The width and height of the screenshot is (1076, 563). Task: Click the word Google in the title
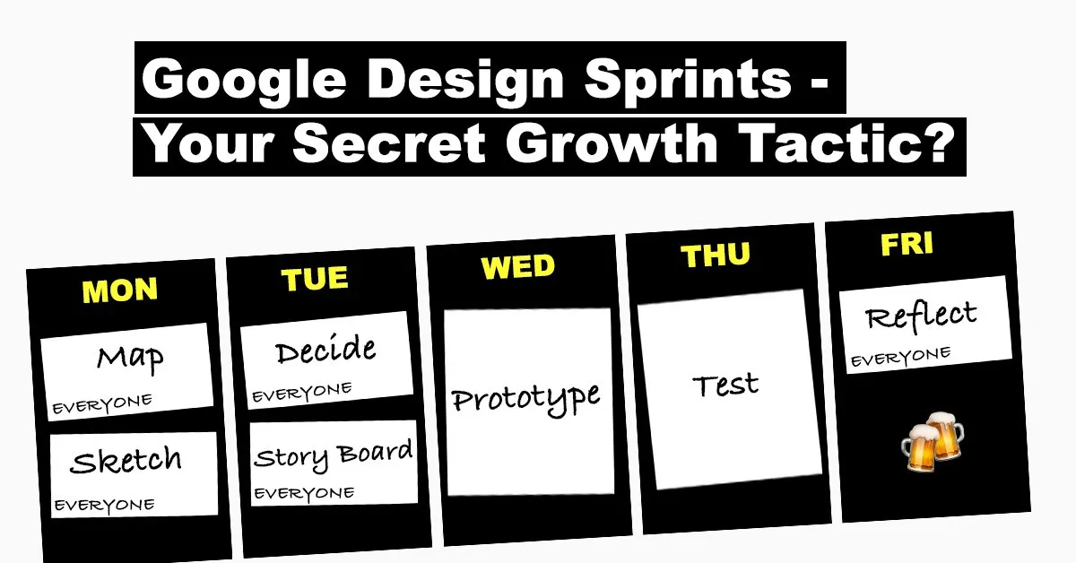pyautogui.click(x=244, y=79)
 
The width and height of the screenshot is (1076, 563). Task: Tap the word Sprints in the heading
pyautogui.click(x=687, y=79)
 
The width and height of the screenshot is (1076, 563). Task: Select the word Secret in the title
pyautogui.click(x=389, y=143)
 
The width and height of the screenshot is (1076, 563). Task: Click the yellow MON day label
pyautogui.click(x=119, y=290)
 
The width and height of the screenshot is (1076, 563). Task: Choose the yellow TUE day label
pyautogui.click(x=315, y=278)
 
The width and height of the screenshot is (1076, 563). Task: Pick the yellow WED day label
pyautogui.click(x=518, y=266)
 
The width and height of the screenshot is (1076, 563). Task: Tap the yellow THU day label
pyautogui.click(x=716, y=256)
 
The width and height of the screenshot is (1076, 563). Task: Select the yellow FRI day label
pyautogui.click(x=907, y=244)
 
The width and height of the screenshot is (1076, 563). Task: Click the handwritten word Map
pyautogui.click(x=130, y=359)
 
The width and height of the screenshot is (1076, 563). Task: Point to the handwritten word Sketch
pyautogui.click(x=126, y=460)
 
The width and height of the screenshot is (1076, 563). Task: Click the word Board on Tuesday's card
pyautogui.click(x=374, y=452)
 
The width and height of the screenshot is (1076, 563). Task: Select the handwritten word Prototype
pyautogui.click(x=526, y=400)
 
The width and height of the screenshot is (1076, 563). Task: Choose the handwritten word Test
pyautogui.click(x=725, y=385)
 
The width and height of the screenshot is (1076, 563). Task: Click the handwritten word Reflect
pyautogui.click(x=922, y=316)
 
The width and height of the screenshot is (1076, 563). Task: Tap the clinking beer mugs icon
pyautogui.click(x=932, y=441)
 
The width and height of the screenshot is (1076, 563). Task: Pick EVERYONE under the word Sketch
pyautogui.click(x=105, y=506)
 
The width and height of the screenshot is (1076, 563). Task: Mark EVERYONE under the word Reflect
pyautogui.click(x=900, y=357)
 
